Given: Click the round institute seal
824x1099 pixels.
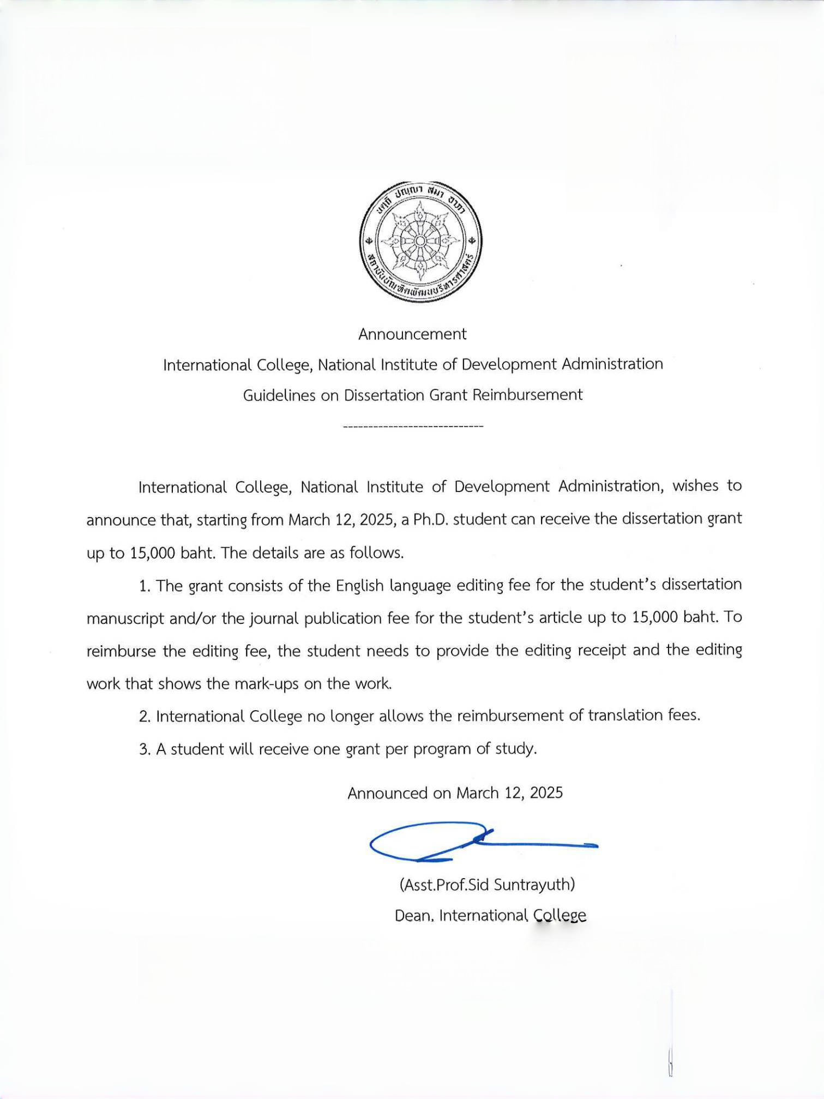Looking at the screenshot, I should tap(420, 241).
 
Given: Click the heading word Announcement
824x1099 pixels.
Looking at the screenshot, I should tap(412, 334).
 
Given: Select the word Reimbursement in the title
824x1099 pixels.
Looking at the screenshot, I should tap(527, 394).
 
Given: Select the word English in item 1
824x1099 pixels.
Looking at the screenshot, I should tap(360, 585).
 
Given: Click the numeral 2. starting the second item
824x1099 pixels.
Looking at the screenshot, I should tap(145, 716).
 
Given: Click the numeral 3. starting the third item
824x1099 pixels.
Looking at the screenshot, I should tap(145, 749).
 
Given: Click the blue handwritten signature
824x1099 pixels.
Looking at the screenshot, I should tap(480, 842).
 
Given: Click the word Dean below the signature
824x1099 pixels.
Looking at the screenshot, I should tap(414, 915).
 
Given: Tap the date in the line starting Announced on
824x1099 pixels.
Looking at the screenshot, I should tap(509, 792).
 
